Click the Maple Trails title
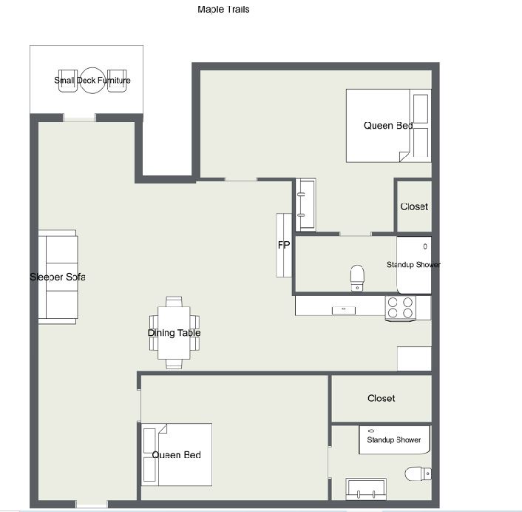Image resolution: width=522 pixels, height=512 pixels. click(223, 10)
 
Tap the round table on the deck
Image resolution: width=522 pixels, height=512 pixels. click(92, 81)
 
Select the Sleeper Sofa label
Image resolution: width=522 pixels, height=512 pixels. click(57, 277)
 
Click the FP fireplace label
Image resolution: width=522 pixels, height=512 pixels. click(284, 245)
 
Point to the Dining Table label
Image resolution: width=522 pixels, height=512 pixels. click(174, 333)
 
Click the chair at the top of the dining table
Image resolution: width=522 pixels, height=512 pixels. click(174, 301)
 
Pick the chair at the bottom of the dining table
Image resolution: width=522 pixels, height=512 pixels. click(174, 364)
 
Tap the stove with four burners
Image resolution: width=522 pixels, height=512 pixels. click(400, 308)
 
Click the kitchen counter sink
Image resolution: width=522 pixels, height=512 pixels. click(344, 311)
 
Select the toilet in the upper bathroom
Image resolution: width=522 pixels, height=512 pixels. click(357, 278)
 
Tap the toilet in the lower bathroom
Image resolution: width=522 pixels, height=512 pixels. click(418, 474)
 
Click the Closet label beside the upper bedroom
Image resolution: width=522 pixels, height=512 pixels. click(414, 207)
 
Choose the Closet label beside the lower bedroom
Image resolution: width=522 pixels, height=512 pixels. click(382, 398)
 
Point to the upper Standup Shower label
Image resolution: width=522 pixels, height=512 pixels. click(413, 265)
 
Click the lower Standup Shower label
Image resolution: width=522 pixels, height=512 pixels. click(394, 440)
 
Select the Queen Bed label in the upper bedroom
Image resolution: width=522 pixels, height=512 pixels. click(388, 126)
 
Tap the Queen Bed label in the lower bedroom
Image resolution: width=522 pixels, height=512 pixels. click(177, 455)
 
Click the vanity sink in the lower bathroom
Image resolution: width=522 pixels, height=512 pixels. click(366, 489)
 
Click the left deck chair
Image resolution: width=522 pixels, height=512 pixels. click(68, 81)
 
